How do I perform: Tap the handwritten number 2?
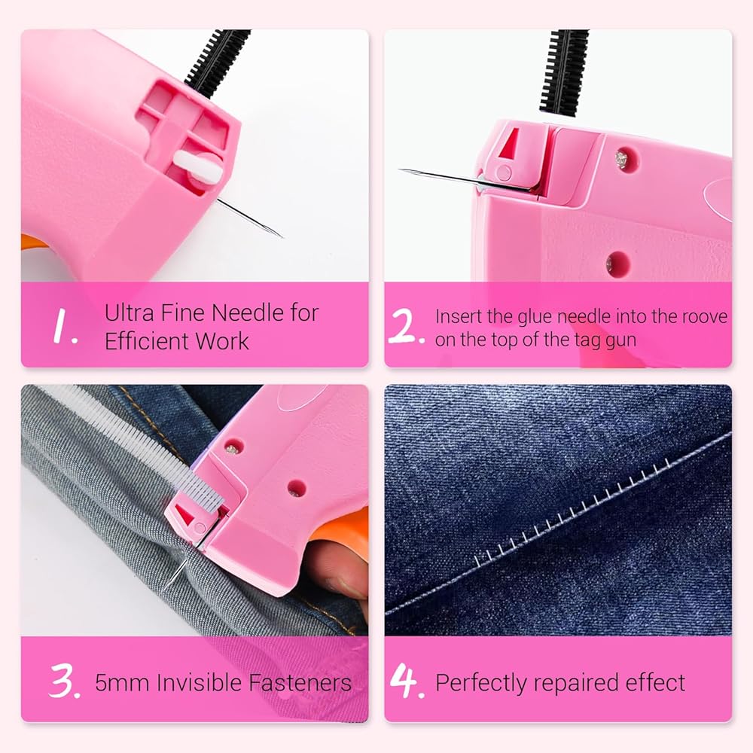(406, 326)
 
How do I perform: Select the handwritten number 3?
(64, 681)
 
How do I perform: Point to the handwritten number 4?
(407, 681)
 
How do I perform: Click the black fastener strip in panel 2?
(566, 72)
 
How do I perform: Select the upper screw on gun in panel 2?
(621, 157)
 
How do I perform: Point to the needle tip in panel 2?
(401, 170)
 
